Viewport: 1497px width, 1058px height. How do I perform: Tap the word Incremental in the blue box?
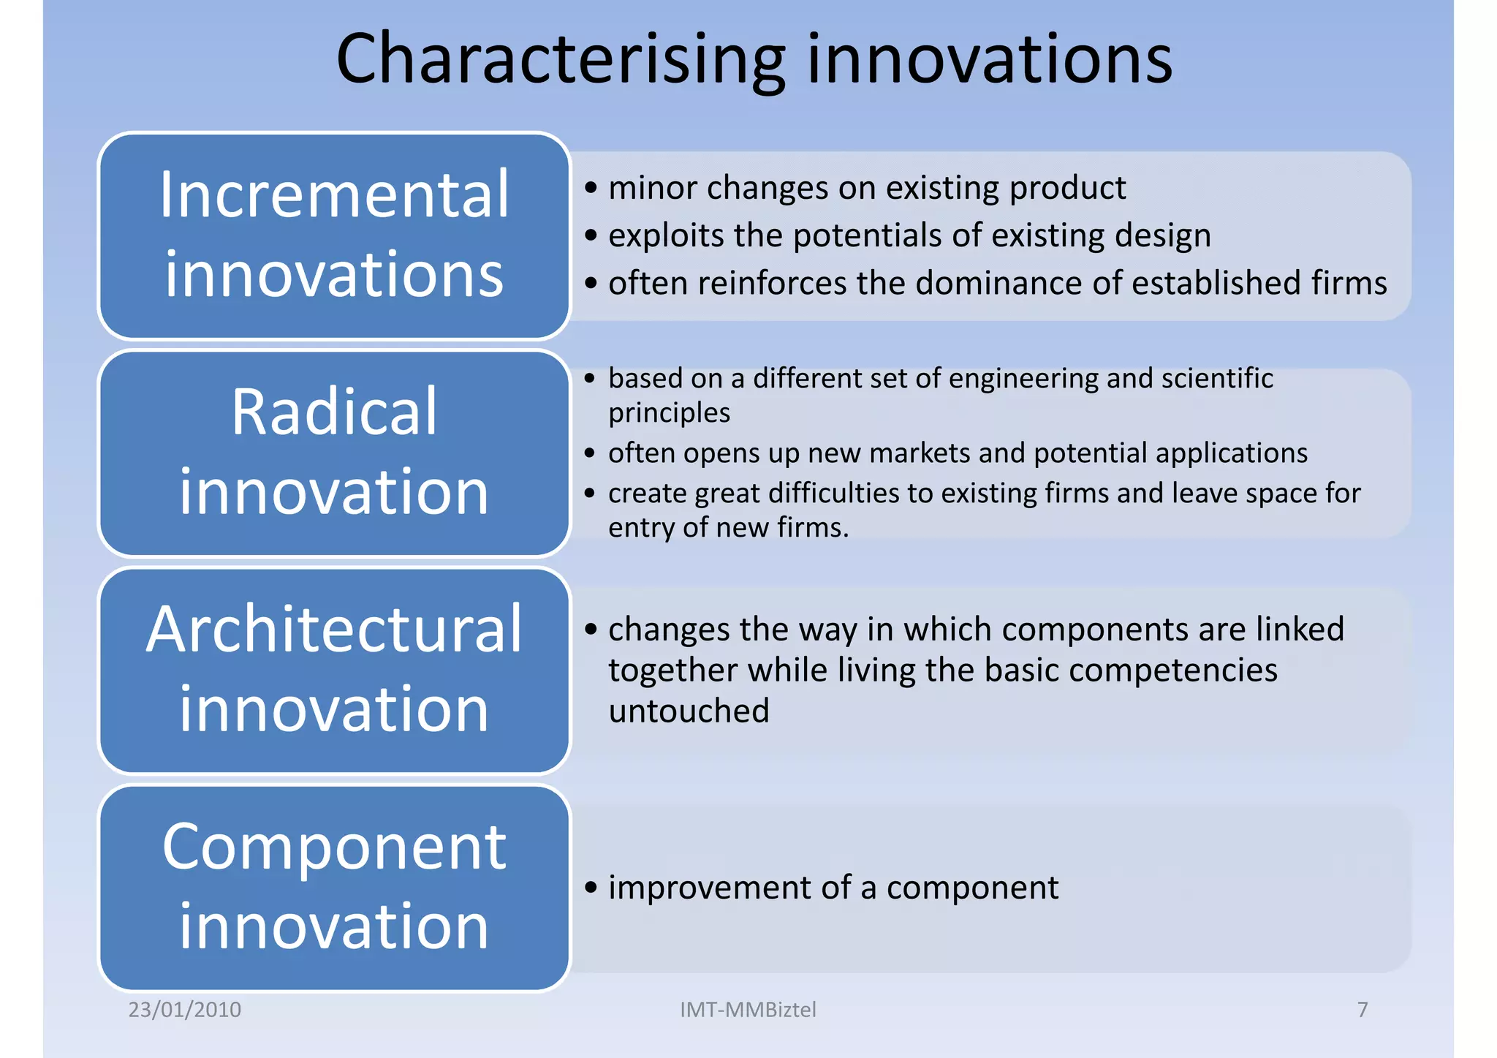(334, 195)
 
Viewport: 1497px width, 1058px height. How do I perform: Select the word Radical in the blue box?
(334, 412)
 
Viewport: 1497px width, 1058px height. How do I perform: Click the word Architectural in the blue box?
(334, 630)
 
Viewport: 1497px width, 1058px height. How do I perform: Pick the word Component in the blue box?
(334, 847)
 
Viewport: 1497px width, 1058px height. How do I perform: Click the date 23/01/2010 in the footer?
(185, 1010)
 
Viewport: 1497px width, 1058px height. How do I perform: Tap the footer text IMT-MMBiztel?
(748, 1010)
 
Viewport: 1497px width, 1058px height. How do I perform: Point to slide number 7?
(1363, 1010)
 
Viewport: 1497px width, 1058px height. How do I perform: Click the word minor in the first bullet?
(653, 189)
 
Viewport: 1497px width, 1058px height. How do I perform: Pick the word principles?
(669, 413)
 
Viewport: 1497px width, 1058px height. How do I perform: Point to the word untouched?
(689, 711)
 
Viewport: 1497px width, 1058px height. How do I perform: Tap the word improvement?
(709, 888)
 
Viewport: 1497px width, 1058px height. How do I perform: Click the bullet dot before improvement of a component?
(591, 888)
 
